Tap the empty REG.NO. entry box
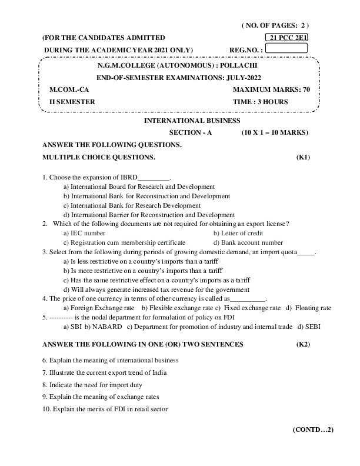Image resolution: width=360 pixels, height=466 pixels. click(287, 48)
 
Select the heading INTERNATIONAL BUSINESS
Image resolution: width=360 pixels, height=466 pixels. click(192, 120)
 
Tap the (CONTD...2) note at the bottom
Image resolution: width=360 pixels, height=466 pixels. click(313, 430)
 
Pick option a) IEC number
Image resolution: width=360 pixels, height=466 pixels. click(84, 233)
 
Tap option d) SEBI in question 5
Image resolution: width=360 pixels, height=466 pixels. click(308, 327)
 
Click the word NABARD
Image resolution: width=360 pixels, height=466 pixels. click(107, 327)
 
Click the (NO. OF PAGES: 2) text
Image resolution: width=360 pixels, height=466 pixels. click(275, 25)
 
